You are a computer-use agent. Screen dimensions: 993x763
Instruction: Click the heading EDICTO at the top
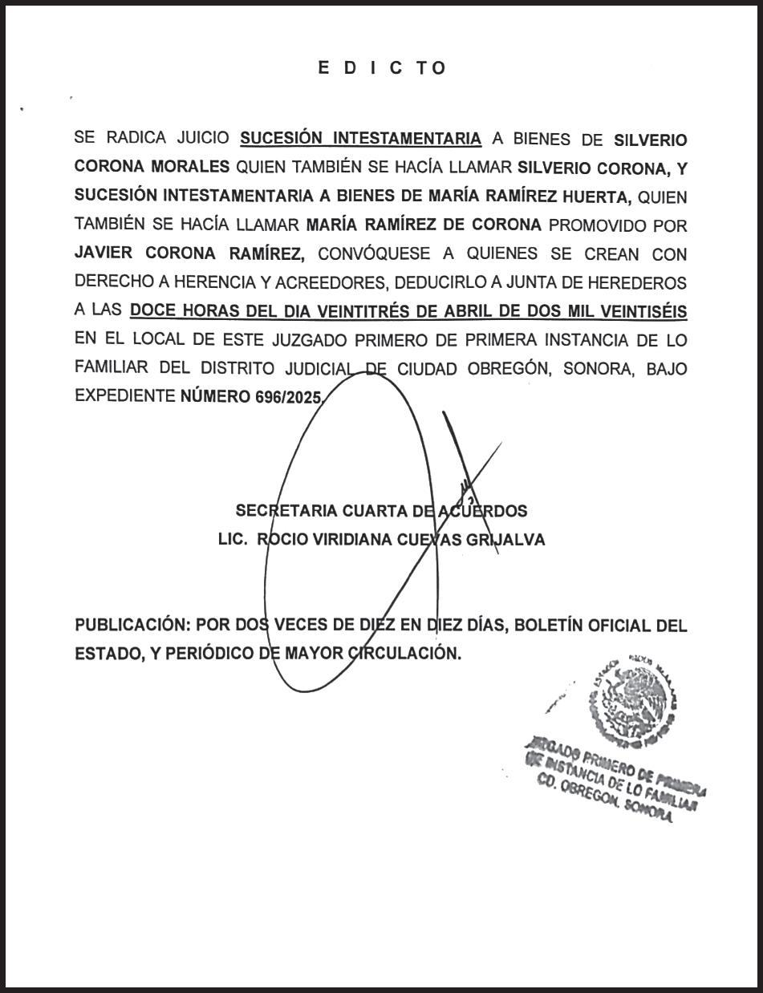click(381, 68)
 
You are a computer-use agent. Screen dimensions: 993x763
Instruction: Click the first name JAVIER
click(104, 253)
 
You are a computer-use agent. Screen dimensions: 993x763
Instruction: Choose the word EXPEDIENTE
click(124, 396)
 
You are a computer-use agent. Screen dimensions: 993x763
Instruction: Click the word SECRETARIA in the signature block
click(286, 511)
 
